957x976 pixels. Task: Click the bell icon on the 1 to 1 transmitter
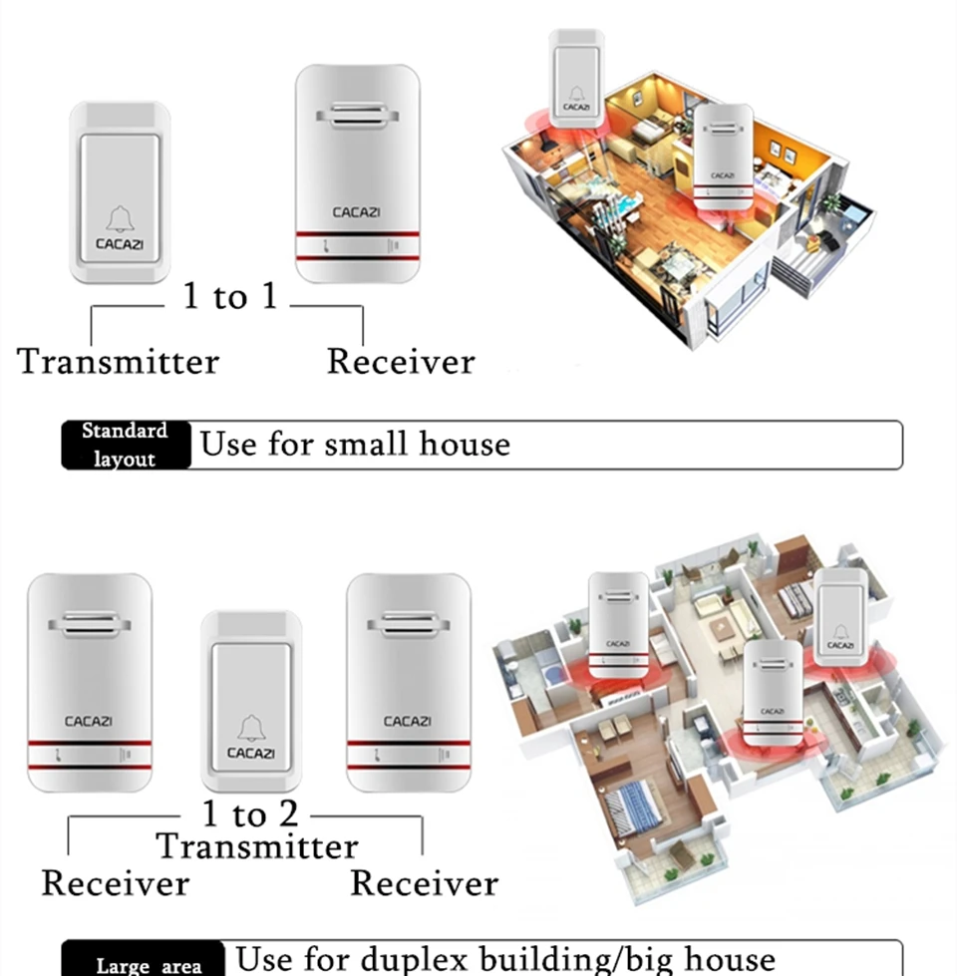pyautogui.click(x=120, y=218)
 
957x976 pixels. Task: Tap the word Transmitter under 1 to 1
pyautogui.click(x=118, y=361)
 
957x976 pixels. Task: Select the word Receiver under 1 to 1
pyautogui.click(x=401, y=361)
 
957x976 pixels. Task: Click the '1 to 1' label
pyautogui.click(x=229, y=296)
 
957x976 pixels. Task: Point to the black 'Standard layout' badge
pyautogui.click(x=126, y=445)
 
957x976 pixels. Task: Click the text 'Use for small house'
pyautogui.click(x=355, y=444)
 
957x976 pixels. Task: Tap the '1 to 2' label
pyautogui.click(x=250, y=813)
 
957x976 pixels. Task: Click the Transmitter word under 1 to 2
pyautogui.click(x=257, y=846)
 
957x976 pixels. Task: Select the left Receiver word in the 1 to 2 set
pyautogui.click(x=115, y=883)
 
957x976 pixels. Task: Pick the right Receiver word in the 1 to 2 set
pyautogui.click(x=424, y=883)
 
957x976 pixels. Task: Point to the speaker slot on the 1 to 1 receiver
pyautogui.click(x=358, y=118)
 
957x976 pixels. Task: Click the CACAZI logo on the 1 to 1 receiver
pyautogui.click(x=357, y=211)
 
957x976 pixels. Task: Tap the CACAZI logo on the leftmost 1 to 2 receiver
pyautogui.click(x=89, y=721)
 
